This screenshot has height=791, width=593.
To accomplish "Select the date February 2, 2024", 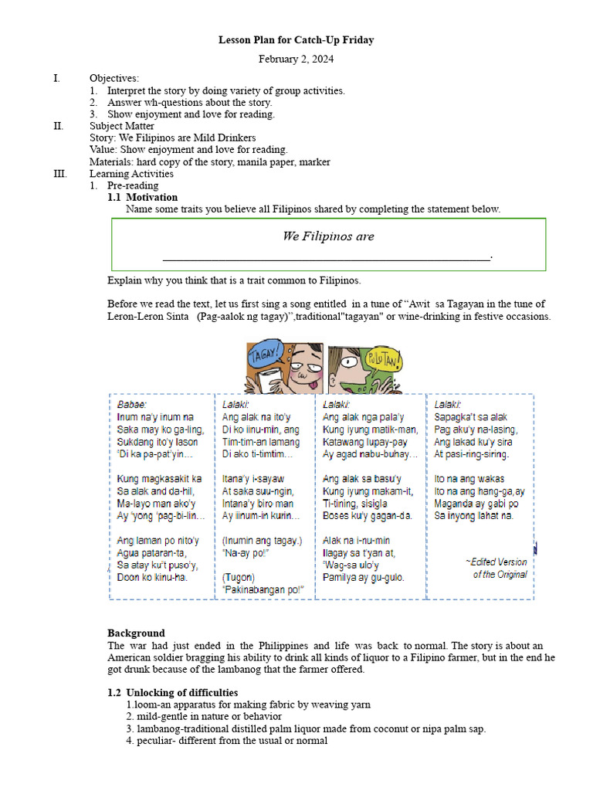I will click(x=296, y=59).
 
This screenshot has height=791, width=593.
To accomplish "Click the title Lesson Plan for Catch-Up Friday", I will click(x=296, y=40).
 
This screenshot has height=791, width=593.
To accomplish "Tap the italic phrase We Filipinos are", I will click(x=328, y=236).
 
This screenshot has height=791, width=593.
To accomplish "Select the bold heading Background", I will click(x=136, y=633).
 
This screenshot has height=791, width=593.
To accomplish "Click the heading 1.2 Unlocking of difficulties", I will click(x=172, y=692).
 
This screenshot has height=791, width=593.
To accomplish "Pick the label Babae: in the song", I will click(x=132, y=404).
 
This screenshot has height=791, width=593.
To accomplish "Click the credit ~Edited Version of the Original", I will click(x=496, y=568).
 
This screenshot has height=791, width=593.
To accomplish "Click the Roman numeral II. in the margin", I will click(x=58, y=126).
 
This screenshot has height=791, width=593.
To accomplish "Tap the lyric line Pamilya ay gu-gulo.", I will click(x=363, y=577).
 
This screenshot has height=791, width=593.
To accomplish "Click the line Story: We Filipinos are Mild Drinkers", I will click(x=172, y=137).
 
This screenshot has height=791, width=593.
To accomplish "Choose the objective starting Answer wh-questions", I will click(x=189, y=102).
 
